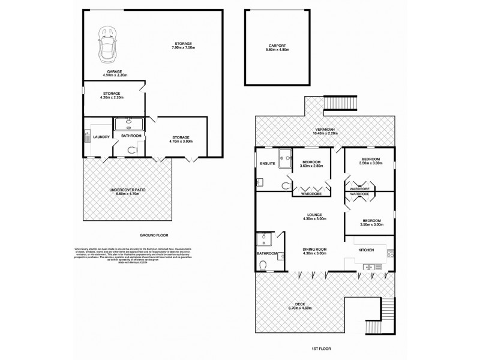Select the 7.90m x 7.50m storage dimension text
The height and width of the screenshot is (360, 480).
pyautogui.click(x=184, y=47)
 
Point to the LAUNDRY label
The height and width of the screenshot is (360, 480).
pyautogui.click(x=101, y=136)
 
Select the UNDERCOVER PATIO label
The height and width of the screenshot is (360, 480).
pyautogui.click(x=127, y=190)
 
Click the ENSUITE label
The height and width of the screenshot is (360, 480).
pyautogui.click(x=268, y=163)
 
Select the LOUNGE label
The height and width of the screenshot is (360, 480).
pyautogui.click(x=314, y=214)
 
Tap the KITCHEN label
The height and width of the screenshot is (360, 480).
pyautogui.click(x=367, y=249)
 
